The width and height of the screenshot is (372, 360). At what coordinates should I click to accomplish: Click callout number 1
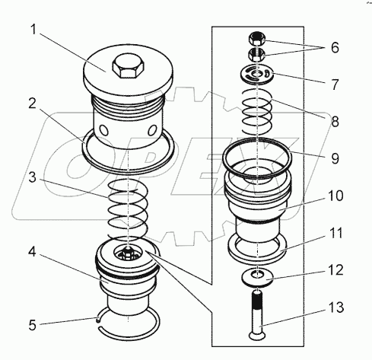33,30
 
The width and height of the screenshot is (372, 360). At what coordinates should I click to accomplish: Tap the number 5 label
32,325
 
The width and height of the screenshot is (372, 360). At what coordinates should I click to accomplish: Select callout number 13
336,307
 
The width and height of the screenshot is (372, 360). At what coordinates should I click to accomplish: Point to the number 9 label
335,158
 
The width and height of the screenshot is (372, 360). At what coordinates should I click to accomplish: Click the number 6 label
335,47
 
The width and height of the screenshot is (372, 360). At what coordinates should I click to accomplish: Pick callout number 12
335,269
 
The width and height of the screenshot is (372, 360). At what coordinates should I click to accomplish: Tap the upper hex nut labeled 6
257,39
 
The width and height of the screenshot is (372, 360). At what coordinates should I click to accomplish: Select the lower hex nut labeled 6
257,54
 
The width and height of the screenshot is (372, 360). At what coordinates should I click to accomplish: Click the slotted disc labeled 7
257,75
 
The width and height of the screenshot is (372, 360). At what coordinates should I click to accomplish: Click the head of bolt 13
257,336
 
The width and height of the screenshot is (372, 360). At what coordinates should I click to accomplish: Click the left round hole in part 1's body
104,131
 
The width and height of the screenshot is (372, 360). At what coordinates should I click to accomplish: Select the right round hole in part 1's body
152,130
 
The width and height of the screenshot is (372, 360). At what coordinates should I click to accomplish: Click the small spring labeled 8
257,112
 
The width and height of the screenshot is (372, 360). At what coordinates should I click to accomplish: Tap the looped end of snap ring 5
98,320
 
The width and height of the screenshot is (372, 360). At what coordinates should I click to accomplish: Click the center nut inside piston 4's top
128,253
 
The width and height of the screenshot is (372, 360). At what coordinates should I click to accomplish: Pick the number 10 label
335,196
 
